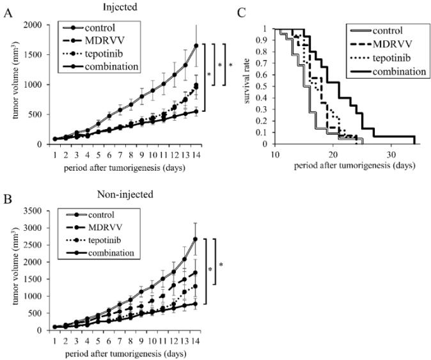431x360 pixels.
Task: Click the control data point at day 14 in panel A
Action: click(x=196, y=45)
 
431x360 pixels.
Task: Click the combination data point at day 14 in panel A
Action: click(x=196, y=111)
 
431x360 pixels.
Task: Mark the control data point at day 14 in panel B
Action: click(x=196, y=239)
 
